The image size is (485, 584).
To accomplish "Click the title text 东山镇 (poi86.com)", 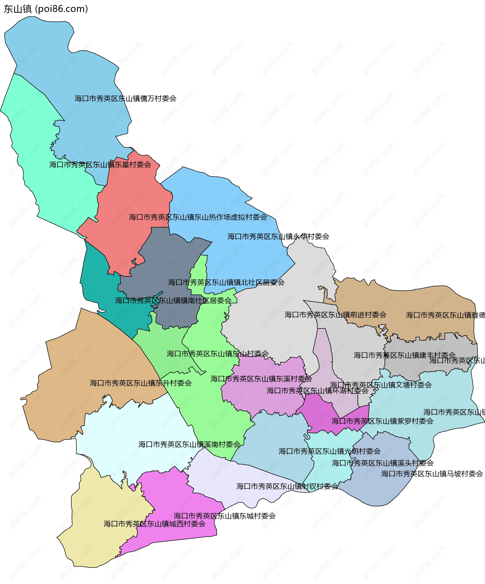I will click(x=46, y=9).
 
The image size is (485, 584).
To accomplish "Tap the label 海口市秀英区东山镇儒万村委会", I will click(x=125, y=98).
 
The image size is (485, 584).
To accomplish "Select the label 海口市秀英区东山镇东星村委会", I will click(x=100, y=165).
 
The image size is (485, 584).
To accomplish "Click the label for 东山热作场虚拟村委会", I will click(x=198, y=217).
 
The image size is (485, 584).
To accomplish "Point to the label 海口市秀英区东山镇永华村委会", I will click(x=278, y=237).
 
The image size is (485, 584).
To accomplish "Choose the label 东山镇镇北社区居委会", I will click(x=226, y=283).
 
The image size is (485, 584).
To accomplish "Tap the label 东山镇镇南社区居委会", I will click(x=173, y=301).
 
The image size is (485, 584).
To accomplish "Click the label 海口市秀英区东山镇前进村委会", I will click(x=335, y=315).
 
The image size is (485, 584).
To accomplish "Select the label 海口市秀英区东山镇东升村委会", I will click(x=141, y=383).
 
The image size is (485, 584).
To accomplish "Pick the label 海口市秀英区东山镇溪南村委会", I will click(x=189, y=444).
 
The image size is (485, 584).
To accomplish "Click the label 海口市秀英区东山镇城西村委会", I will click(x=155, y=524).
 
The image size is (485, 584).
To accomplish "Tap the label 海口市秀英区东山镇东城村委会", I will click(x=225, y=516).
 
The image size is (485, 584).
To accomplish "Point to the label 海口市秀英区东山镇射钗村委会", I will click(x=287, y=486).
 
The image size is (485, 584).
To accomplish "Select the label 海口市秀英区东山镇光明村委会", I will click(x=330, y=451).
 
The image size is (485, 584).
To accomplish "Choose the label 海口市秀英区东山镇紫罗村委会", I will click(x=382, y=421).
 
